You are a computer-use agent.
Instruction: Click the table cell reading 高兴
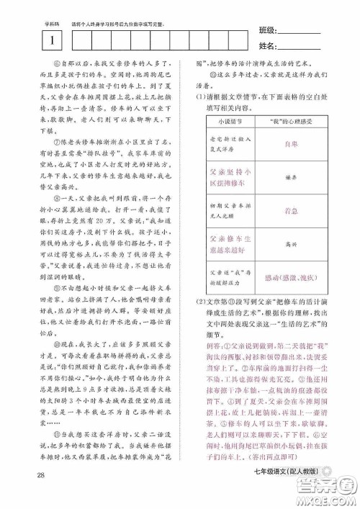click(x=291, y=244)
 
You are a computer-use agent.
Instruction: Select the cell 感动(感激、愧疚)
click(x=291, y=277)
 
